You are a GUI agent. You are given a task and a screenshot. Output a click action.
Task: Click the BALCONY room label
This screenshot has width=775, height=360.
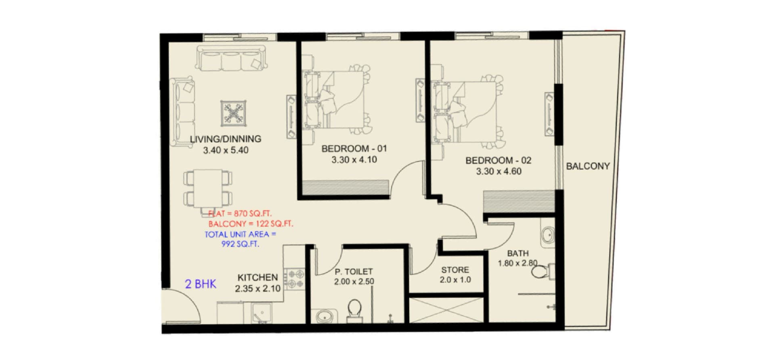(x=588, y=166)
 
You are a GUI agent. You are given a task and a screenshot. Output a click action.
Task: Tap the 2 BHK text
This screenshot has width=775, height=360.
(x=201, y=284)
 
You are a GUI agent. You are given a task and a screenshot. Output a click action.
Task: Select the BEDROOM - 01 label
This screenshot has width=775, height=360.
(x=354, y=149)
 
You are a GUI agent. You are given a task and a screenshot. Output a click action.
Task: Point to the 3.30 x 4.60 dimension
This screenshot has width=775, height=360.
(x=499, y=171)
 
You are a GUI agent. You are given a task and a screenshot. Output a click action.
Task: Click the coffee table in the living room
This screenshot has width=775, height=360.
(x=233, y=113)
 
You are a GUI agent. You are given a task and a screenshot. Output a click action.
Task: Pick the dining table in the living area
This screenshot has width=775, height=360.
(x=208, y=188)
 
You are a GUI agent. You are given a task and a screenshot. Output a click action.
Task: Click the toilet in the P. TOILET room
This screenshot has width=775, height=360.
(x=354, y=310)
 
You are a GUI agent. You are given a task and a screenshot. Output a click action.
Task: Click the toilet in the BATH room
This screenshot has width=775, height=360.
(x=542, y=271)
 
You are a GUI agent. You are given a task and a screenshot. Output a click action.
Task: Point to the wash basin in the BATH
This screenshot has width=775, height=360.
(x=547, y=235)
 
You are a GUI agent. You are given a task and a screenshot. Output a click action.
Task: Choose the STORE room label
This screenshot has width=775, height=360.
(x=455, y=270)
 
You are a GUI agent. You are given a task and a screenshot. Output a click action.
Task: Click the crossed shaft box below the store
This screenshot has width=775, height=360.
(x=446, y=310)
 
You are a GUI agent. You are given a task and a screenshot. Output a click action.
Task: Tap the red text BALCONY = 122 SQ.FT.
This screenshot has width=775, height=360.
(x=251, y=224)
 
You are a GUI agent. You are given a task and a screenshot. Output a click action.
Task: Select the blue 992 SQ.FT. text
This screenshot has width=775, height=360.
(x=240, y=244)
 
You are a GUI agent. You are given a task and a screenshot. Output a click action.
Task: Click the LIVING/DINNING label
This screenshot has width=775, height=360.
(x=226, y=139)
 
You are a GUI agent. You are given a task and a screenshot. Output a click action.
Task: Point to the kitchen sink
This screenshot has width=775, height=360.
(x=262, y=313)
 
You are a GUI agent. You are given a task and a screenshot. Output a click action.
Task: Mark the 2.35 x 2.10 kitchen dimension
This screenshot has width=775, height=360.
(x=258, y=289)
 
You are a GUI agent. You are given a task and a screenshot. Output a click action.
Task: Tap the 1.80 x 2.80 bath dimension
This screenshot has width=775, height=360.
(x=517, y=263)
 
